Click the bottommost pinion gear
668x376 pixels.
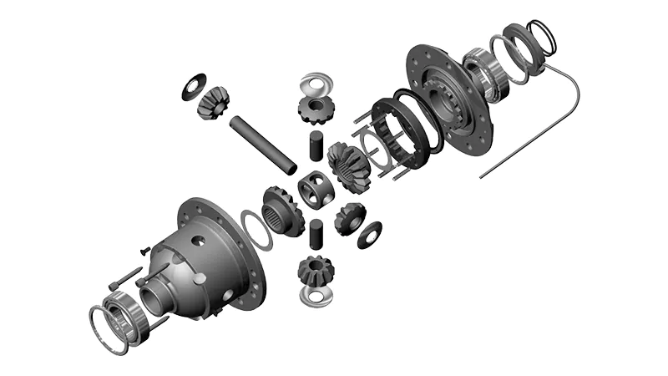[x=315, y=270]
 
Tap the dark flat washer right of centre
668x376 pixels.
[x=369, y=235]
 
